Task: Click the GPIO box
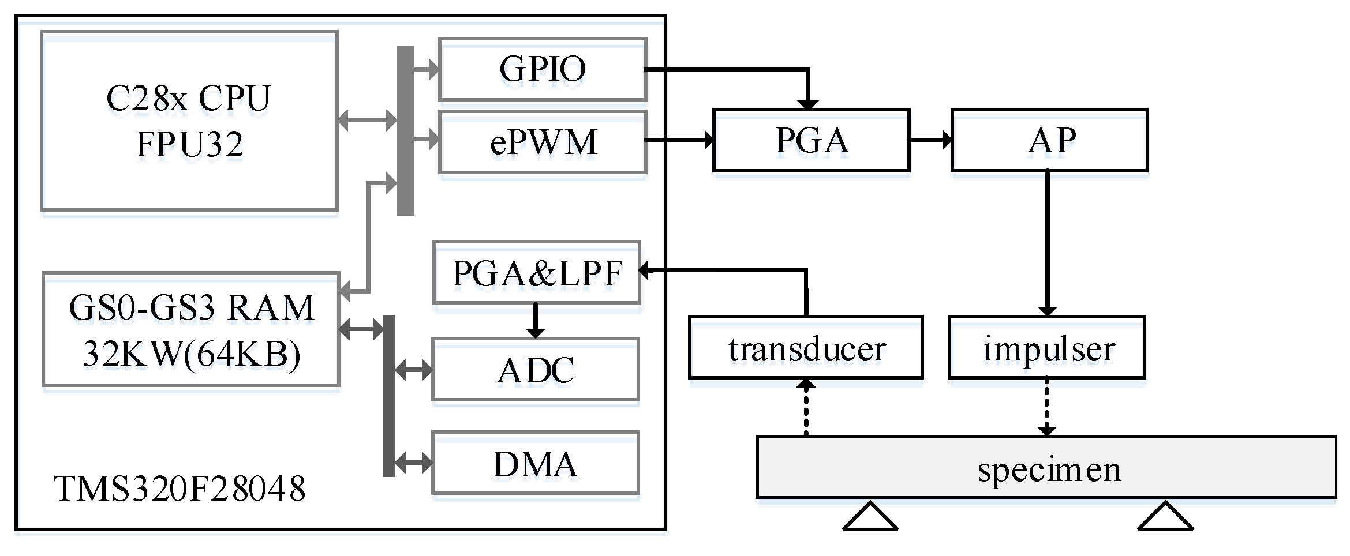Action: point(542,69)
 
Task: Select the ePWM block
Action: point(542,142)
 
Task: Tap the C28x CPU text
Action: point(188,98)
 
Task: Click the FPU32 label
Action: point(189,144)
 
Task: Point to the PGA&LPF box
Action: point(536,273)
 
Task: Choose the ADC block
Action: point(535,370)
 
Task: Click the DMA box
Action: point(535,464)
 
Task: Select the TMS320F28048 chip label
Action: point(179,490)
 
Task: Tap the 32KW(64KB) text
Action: point(191,354)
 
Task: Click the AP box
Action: point(1049,140)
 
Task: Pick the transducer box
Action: point(806,348)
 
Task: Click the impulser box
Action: point(1046,348)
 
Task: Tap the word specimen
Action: point(1049,469)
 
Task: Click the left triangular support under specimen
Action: point(870,517)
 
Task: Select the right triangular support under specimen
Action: point(1165,517)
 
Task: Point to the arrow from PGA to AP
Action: point(930,140)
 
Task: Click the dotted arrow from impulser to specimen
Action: point(1046,407)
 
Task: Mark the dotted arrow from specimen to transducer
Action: point(806,407)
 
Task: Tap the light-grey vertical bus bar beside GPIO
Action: point(405,130)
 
